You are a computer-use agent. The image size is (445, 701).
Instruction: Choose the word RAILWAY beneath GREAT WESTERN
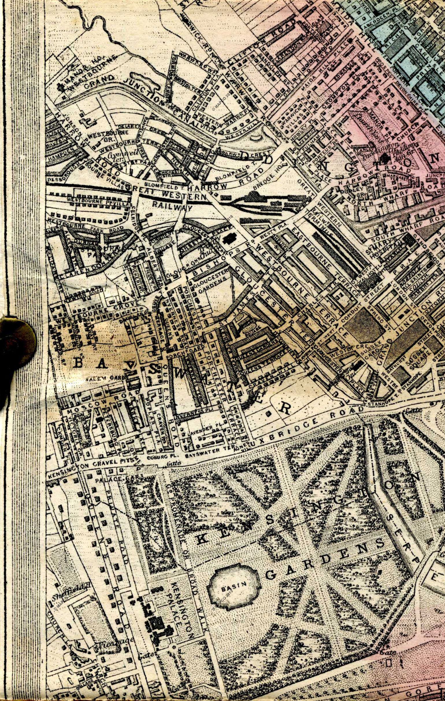[x=172, y=207]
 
